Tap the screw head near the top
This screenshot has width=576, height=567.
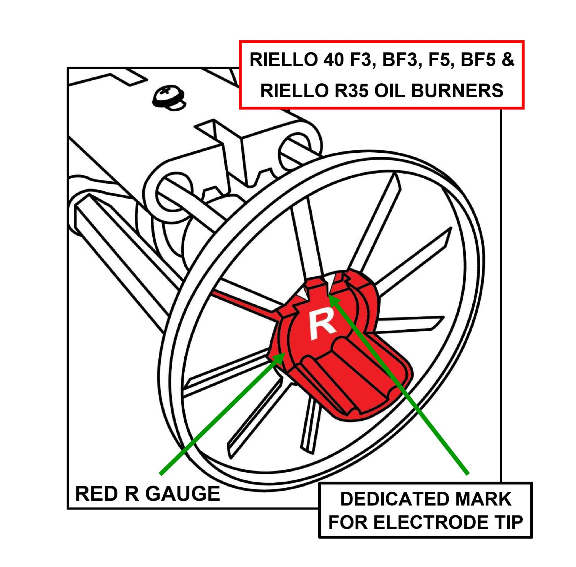[168, 95]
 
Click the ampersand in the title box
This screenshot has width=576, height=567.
[508, 59]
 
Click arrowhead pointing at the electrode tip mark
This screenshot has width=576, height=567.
[333, 299]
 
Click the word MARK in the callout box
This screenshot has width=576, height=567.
[482, 499]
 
